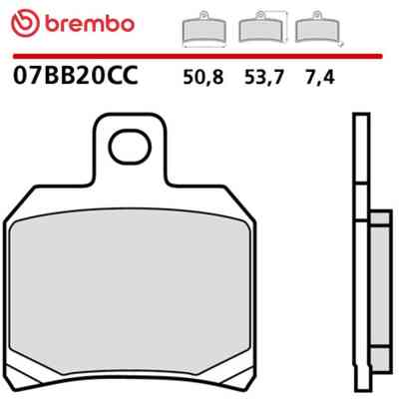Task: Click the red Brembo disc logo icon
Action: pos(25,24)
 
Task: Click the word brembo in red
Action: pos(89,24)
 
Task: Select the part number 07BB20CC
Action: pos(75,76)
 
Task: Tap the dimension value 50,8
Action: pos(203,78)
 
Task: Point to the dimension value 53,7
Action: pos(264,78)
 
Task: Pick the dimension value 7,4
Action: pos(319,78)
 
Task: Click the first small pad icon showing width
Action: pos(204,29)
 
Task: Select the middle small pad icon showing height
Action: pos(262,28)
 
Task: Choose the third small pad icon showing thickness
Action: pos(318,29)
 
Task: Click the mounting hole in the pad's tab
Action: pos(131,147)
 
